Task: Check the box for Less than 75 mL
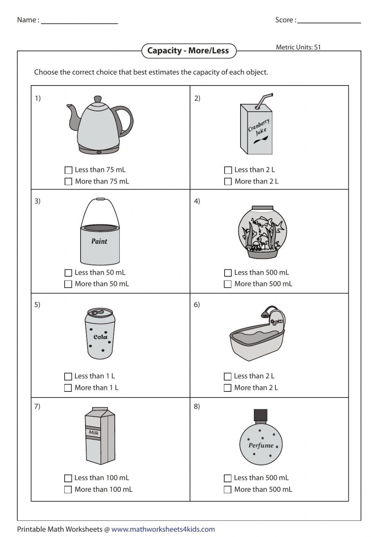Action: click(68, 170)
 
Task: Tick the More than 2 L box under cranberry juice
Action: click(228, 182)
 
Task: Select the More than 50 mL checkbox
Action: click(68, 284)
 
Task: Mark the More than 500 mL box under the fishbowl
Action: click(228, 284)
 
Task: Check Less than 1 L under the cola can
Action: click(68, 376)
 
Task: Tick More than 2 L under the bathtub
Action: click(228, 388)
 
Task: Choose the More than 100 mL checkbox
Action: click(68, 489)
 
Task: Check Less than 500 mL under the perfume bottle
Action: click(228, 478)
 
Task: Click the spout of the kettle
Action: click(72, 114)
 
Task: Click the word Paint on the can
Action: click(99, 241)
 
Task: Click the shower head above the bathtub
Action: click(263, 312)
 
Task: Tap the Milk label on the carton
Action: click(93, 432)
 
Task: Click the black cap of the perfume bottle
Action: click(261, 415)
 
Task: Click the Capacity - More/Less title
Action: click(188, 51)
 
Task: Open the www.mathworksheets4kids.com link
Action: click(163, 529)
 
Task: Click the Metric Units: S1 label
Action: click(298, 47)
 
